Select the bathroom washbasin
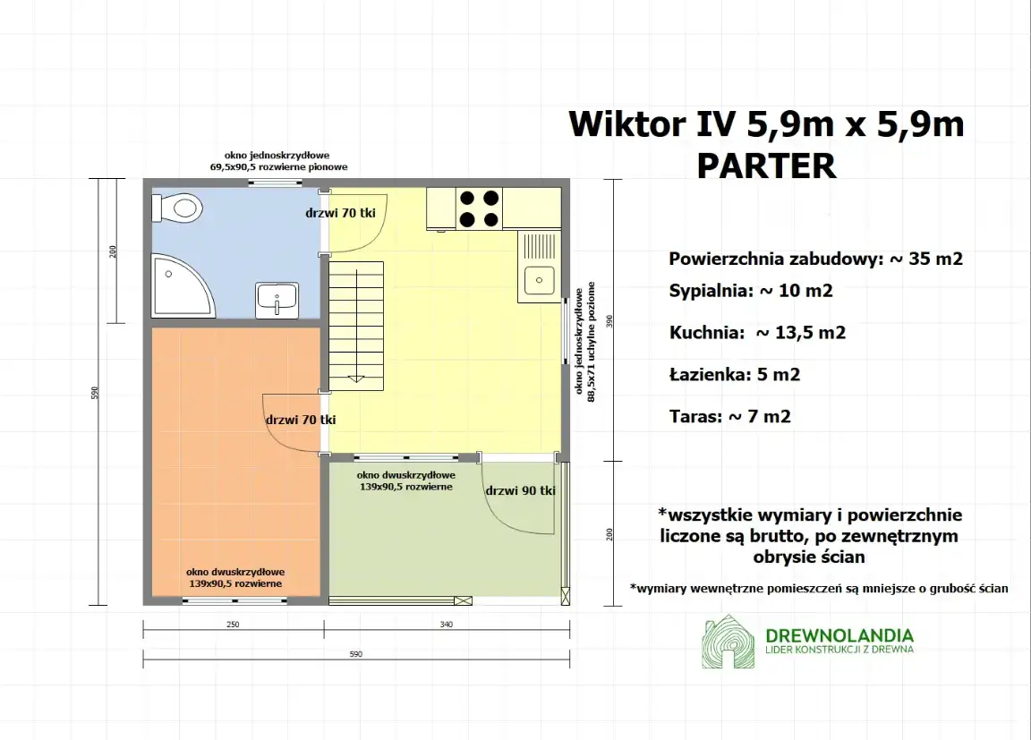277,300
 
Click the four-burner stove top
479,208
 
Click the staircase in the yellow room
356,326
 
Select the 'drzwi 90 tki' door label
520,490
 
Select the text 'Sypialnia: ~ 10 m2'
751,292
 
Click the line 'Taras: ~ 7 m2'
729,416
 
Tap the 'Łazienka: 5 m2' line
734,375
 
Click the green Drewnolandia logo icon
727,642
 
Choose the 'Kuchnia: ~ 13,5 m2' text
757,333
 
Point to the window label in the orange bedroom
235,577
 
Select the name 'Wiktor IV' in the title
652,124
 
